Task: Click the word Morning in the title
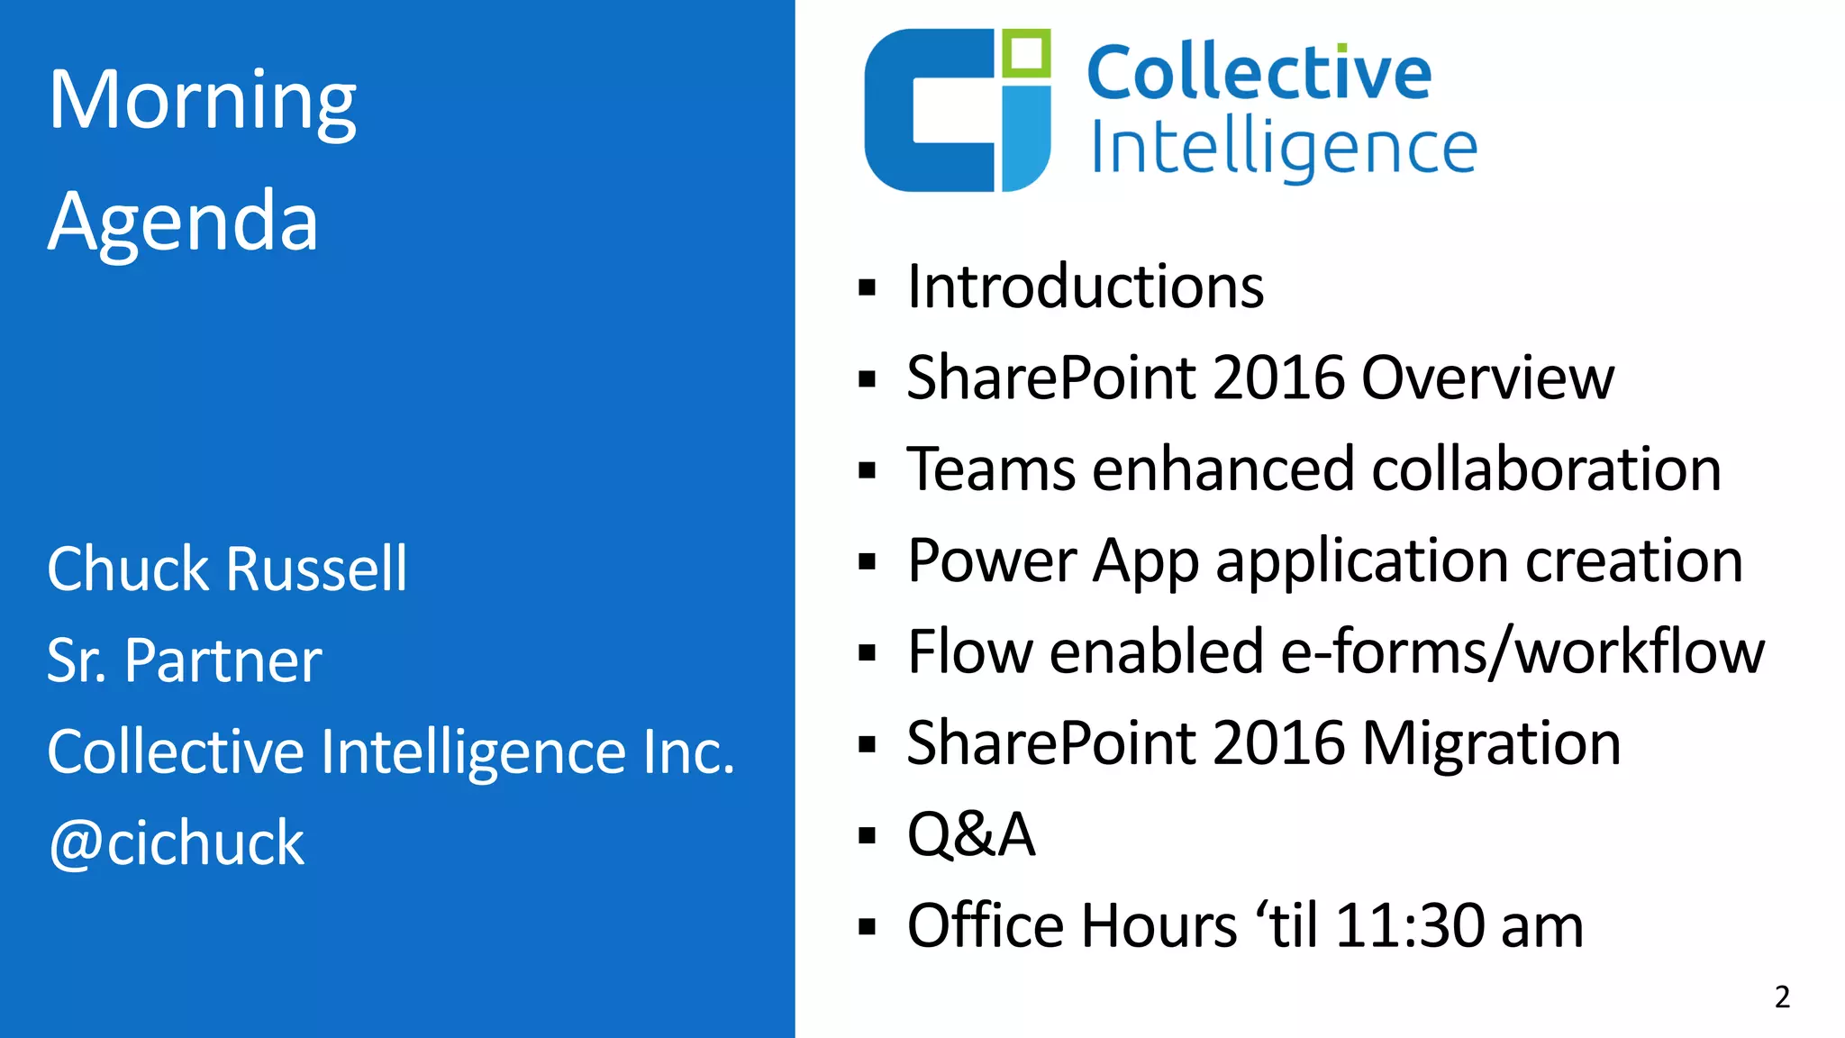point(202,101)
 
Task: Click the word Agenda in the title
point(183,221)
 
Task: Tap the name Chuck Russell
point(227,569)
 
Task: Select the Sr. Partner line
point(184,660)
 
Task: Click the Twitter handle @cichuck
point(177,843)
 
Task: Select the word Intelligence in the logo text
point(1283,149)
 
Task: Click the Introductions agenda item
point(1085,287)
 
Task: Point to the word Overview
point(1487,378)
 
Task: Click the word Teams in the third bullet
point(991,469)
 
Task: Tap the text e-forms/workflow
point(1522,651)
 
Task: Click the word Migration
point(1490,743)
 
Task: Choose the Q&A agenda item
point(971,834)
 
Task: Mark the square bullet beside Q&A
point(868,835)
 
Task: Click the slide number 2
point(1782,997)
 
